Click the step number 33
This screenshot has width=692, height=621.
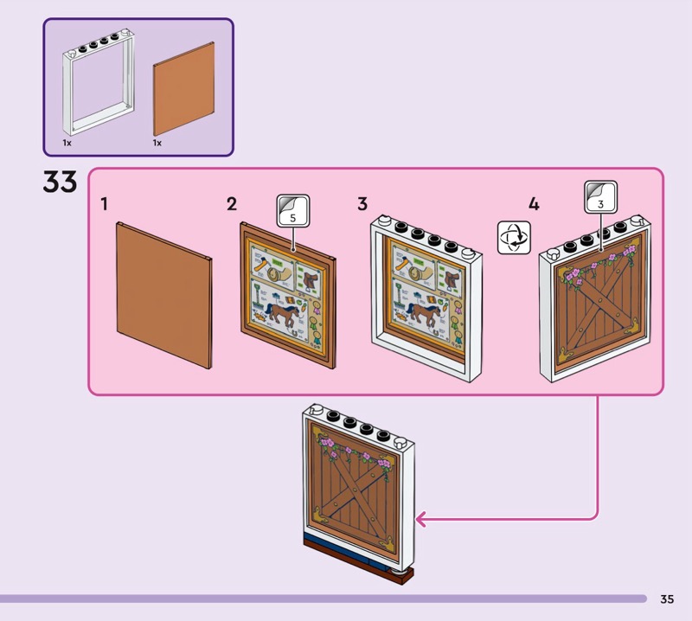[60, 182]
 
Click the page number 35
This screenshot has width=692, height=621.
[666, 599]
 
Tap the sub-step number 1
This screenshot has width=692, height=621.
[104, 204]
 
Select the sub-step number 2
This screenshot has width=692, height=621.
[232, 204]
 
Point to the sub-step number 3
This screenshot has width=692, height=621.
[362, 204]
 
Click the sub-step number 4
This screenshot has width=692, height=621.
[534, 204]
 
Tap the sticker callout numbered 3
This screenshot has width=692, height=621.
[600, 197]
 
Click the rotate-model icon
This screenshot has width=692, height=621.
[513, 237]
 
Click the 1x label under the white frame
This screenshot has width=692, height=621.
[67, 142]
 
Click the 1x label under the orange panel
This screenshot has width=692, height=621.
[157, 142]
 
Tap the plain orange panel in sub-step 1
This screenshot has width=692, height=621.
[164, 294]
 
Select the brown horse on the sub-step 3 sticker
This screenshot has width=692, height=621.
[423, 313]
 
